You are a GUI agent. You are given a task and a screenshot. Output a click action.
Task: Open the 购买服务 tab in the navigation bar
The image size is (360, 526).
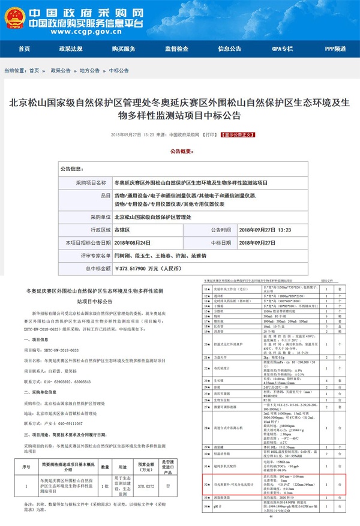tap(124, 49)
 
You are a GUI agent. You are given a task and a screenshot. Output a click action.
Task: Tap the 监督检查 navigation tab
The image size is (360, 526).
tap(176, 49)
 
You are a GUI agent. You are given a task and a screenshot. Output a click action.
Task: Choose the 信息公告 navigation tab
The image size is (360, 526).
tap(229, 49)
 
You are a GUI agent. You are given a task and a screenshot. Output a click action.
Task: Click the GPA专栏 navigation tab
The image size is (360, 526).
tap(283, 49)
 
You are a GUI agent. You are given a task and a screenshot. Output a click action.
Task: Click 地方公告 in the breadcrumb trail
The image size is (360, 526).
tap(89, 70)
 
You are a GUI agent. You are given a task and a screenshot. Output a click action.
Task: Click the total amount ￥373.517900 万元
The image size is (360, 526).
tap(149, 268)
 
